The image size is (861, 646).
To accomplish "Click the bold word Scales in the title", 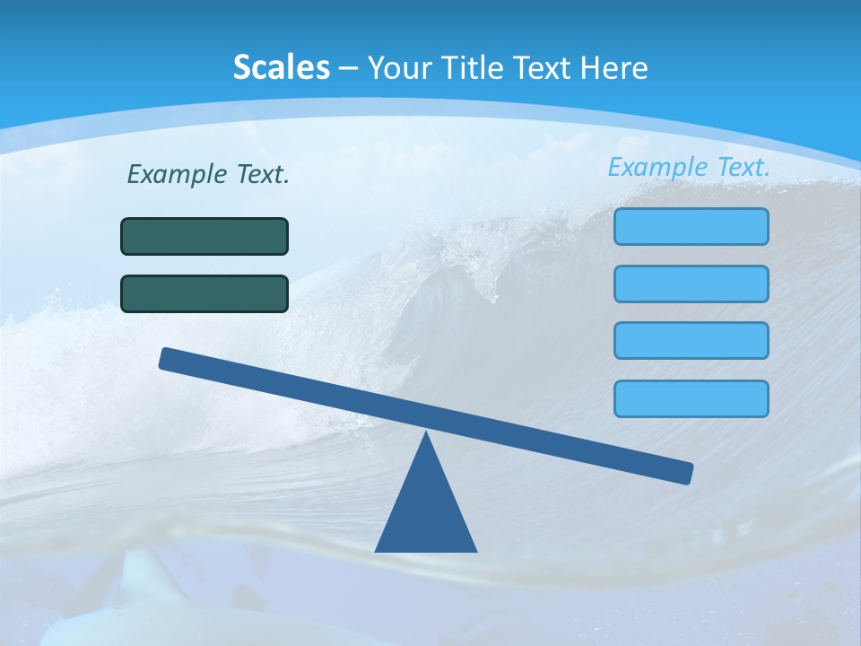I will [281, 67].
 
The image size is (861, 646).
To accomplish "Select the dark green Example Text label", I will [208, 174].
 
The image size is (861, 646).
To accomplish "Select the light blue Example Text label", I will [689, 167].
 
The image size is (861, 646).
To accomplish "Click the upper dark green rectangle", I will [204, 236].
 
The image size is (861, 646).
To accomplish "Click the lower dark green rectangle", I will [204, 293].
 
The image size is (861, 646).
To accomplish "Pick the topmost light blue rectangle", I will [691, 226].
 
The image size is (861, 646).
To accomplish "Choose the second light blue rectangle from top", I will [691, 284].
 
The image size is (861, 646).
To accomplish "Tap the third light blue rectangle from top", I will [691, 341].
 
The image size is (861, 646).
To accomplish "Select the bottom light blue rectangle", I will [691, 398].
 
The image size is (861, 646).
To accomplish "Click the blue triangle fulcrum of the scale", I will [426, 511].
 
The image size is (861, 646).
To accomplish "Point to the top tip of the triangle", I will [426, 434].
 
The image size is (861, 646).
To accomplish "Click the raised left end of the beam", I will [167, 358].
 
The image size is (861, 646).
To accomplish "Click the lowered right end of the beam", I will [686, 473].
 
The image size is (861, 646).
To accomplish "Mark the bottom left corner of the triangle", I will [377, 550].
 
